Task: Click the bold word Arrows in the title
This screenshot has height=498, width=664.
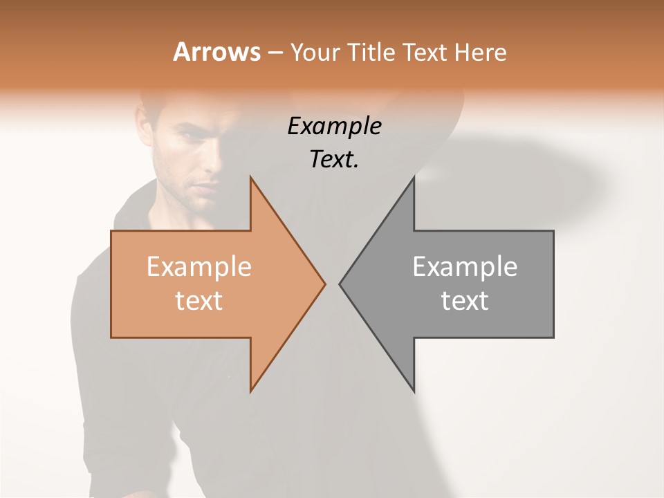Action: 216,52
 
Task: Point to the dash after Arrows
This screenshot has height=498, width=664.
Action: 275,53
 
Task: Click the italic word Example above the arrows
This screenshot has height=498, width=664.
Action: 334,126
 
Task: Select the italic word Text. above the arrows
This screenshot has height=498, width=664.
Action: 334,159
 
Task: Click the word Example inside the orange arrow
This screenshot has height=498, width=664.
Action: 199,266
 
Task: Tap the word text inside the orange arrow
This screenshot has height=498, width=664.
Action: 199,300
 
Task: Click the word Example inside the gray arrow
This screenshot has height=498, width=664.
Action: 465,266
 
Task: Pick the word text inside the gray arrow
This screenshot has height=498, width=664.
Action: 465,300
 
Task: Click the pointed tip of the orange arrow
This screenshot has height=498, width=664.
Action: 324,284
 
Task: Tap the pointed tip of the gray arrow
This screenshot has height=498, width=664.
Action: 340,284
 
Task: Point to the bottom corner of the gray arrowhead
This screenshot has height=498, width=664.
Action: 414,391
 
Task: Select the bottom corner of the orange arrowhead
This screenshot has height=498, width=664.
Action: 251,391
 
